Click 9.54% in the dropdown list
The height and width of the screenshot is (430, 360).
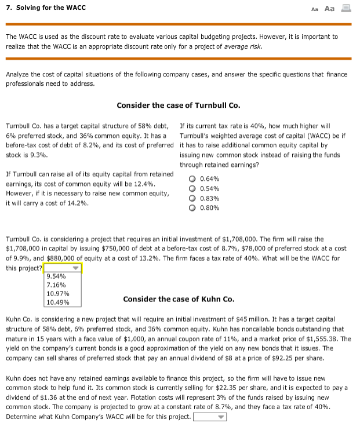56,276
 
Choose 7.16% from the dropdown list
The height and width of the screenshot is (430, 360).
56,285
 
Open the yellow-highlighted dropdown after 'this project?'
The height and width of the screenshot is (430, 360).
64,268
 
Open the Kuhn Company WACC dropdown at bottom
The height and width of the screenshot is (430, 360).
209,417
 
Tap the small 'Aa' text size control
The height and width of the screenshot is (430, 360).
315,9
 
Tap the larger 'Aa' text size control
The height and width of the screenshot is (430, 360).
329,8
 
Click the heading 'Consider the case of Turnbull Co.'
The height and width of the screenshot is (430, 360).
178,105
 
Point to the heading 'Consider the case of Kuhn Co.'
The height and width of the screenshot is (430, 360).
179,299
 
